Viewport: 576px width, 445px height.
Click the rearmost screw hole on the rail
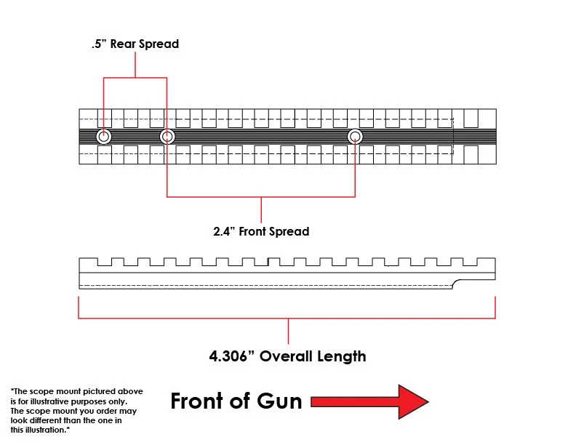[103, 137]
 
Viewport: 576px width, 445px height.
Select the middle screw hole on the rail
[167, 137]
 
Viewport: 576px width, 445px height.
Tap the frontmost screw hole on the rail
[355, 137]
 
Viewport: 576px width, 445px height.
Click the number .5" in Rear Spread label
[99, 44]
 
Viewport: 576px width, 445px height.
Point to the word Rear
[123, 44]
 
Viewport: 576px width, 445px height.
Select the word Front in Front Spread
[252, 232]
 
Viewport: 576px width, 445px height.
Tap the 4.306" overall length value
[232, 356]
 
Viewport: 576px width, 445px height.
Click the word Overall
[286, 356]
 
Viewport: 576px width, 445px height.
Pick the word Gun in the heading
[279, 401]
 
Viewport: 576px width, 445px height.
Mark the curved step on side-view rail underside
[457, 284]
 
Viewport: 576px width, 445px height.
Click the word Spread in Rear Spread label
[159, 44]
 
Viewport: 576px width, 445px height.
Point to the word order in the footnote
[107, 411]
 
